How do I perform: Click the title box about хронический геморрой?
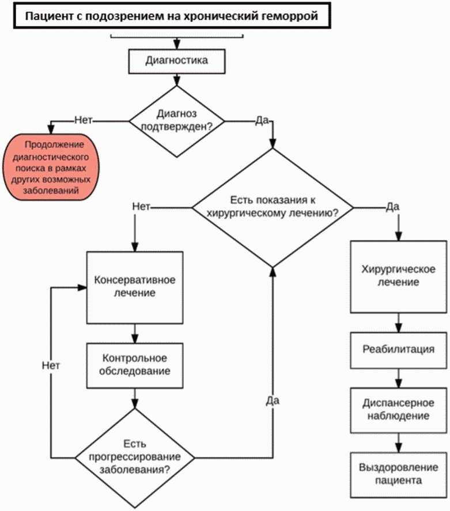(x=172, y=16)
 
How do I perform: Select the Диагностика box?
(x=176, y=61)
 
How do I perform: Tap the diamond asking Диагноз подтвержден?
(x=176, y=121)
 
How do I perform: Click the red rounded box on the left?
(x=51, y=167)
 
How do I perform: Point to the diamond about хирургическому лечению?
(x=273, y=208)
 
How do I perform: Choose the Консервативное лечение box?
(x=134, y=288)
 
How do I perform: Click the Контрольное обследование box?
(x=134, y=365)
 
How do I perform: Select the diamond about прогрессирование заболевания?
(x=134, y=457)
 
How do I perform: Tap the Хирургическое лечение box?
(x=399, y=277)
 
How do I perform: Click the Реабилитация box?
(x=399, y=350)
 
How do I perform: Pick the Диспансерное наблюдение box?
(x=399, y=410)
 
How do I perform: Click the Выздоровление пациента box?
(x=399, y=475)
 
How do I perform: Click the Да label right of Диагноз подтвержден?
(x=262, y=121)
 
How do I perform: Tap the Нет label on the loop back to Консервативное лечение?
(x=51, y=365)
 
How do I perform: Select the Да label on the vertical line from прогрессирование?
(x=273, y=401)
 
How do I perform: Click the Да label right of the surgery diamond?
(x=392, y=207)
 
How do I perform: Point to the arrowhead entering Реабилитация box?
(x=399, y=327)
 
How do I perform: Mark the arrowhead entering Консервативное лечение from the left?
(x=82, y=288)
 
